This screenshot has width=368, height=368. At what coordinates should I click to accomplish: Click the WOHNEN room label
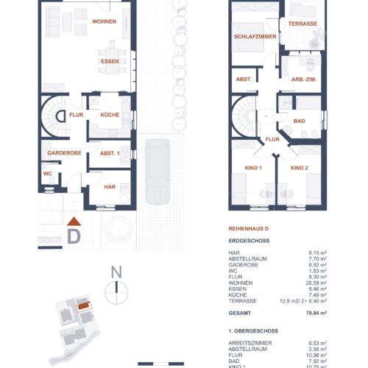(105, 22)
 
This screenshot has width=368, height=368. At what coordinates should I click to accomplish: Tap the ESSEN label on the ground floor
(109, 62)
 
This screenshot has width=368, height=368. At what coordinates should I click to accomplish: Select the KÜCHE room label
(100, 116)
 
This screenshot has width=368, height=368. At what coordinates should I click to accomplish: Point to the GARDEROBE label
(64, 152)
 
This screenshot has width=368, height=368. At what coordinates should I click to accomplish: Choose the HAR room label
(110, 188)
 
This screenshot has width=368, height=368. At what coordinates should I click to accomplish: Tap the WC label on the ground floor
(47, 174)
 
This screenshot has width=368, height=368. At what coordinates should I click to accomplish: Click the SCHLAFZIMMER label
(254, 37)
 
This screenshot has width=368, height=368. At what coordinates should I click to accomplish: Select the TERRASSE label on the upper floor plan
(302, 24)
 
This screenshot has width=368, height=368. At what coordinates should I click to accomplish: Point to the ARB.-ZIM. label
(303, 79)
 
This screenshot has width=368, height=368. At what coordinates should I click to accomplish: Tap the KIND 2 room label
(299, 169)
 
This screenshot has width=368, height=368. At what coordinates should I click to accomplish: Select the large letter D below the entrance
(74, 237)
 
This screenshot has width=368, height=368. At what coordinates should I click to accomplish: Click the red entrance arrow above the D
(73, 222)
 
